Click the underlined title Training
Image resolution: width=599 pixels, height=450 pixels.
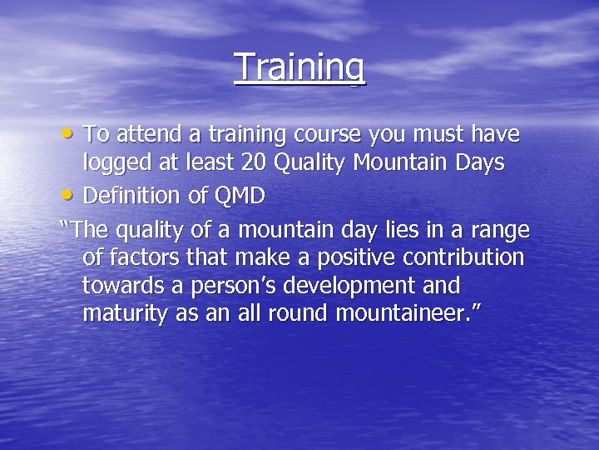(299, 67)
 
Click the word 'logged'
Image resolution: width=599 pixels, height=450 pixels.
(115, 165)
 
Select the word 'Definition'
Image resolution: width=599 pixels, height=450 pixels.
(132, 196)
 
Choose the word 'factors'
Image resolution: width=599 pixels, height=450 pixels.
(146, 257)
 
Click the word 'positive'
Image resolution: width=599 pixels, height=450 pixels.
(335, 257)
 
